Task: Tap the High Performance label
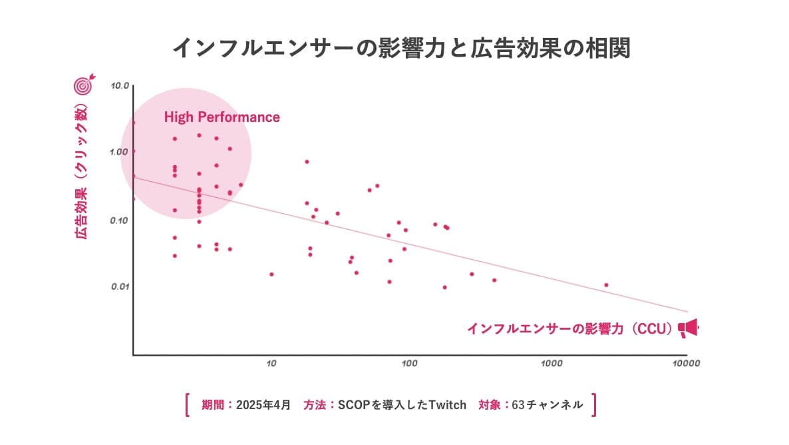(x=222, y=117)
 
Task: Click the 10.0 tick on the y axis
(x=120, y=86)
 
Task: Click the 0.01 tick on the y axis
(x=120, y=286)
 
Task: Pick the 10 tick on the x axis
(x=271, y=364)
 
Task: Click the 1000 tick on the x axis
(x=552, y=364)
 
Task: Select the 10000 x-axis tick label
(x=686, y=364)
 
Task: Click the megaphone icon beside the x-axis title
(x=688, y=328)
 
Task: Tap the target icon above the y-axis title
(x=83, y=85)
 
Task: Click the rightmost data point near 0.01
(x=606, y=285)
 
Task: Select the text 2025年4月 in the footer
(x=263, y=404)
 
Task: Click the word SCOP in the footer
(x=353, y=404)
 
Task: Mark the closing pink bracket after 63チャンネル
(x=593, y=404)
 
